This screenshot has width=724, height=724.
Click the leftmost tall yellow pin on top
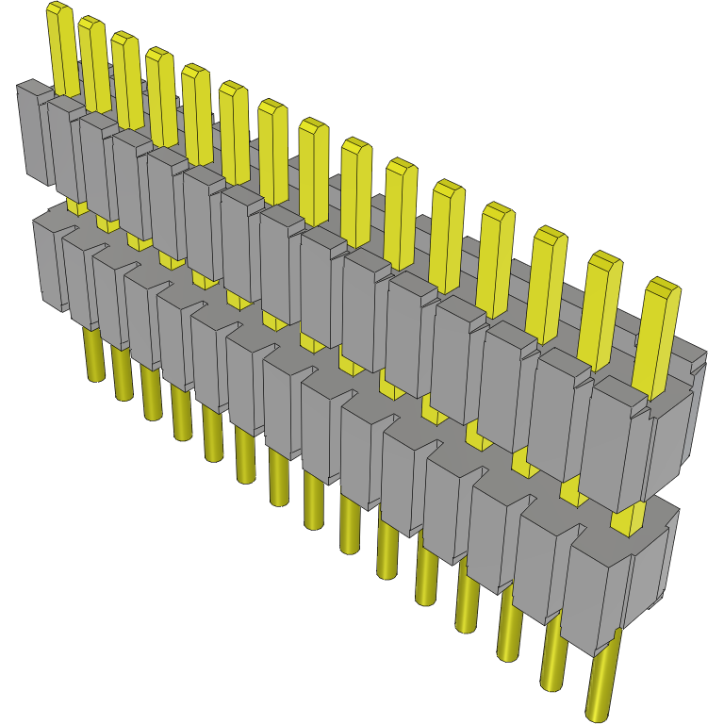click(x=63, y=47)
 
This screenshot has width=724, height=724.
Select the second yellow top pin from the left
click(x=93, y=61)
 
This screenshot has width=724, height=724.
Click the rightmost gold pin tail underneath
click(x=601, y=679)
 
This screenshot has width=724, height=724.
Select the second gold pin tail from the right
click(x=554, y=650)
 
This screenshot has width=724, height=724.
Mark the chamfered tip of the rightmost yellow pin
click(x=665, y=285)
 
